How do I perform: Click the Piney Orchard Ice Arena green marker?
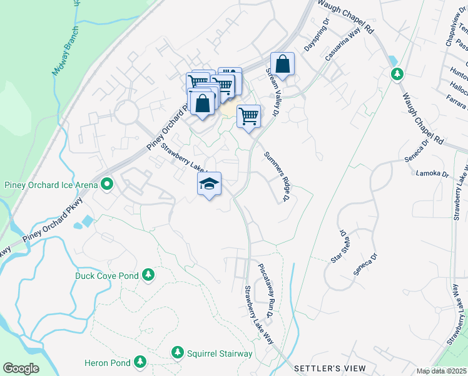click(107, 184)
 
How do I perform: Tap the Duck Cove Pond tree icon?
click(148, 275)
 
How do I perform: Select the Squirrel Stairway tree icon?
click(178, 353)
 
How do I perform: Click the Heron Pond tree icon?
click(141, 363)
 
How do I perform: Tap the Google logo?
click(21, 368)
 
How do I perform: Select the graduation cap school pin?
click(210, 184)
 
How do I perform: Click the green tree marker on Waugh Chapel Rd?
click(397, 75)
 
